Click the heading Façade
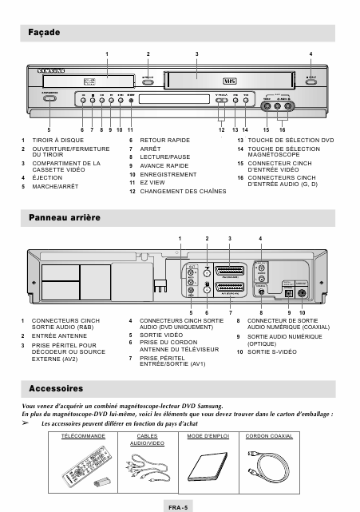41,32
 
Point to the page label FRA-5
177,506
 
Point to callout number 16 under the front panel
282,129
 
